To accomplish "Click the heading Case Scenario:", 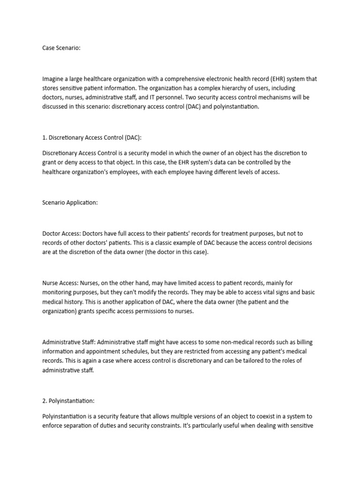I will pos(61,48).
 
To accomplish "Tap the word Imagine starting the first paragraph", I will pos(53,79).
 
